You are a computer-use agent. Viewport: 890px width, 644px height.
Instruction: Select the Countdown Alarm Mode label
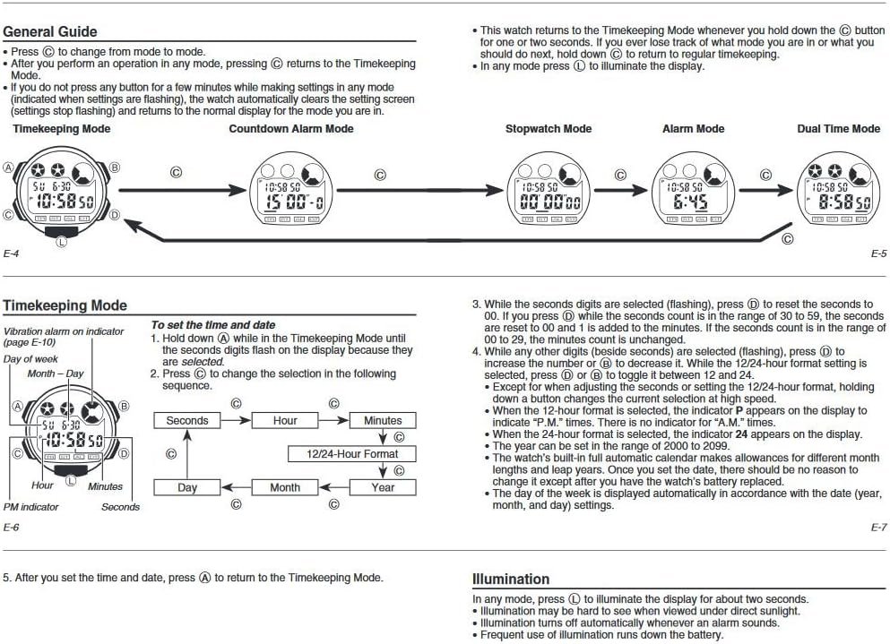290,129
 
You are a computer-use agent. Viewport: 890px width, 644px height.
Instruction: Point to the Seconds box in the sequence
186,420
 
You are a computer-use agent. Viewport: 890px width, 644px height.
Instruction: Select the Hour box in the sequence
285,420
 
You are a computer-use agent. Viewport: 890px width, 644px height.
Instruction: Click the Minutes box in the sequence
383,420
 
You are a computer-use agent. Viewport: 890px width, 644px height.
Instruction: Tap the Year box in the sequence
383,487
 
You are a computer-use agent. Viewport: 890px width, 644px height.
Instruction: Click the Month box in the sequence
285,487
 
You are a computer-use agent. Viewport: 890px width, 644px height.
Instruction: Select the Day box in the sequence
186,487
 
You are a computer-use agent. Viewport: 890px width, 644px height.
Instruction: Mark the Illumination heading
511,580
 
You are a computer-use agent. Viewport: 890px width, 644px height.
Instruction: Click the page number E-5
878,254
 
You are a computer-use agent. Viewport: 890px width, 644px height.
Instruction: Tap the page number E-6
11,528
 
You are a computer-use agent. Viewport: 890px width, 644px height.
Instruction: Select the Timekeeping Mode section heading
65,306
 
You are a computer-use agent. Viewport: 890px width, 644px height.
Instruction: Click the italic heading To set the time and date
212,325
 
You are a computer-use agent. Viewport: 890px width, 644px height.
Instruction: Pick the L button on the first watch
61,240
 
